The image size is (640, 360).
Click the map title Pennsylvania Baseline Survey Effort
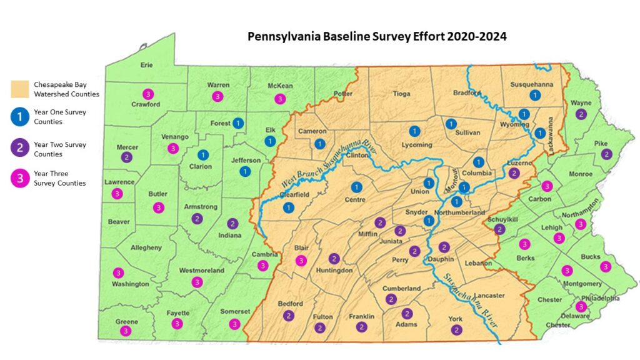point(377,36)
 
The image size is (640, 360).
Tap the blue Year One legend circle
point(21,117)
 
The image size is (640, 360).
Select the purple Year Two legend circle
point(21,149)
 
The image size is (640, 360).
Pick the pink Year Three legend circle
point(21,178)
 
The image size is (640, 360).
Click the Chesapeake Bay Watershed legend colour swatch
point(21,89)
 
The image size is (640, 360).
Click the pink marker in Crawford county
point(147,94)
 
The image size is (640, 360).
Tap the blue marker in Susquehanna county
point(534,95)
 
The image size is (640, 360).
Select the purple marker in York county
point(456,330)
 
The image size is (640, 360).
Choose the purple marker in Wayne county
point(581,114)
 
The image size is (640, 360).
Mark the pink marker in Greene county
point(126,331)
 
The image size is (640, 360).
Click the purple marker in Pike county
point(606,154)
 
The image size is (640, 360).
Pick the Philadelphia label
point(600,298)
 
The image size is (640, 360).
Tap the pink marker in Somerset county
point(234,324)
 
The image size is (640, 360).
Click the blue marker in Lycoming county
point(414,131)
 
